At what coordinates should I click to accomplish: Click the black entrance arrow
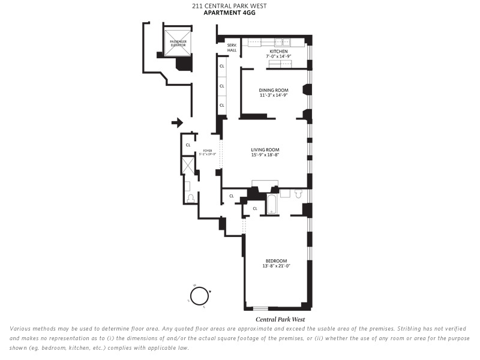pyautogui.click(x=177, y=123)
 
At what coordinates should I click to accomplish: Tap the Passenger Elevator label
pyautogui.click(x=178, y=43)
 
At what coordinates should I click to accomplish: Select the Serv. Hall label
pyautogui.click(x=232, y=48)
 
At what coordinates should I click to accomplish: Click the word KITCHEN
pyautogui.click(x=278, y=52)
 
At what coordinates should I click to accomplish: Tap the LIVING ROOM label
pyautogui.click(x=265, y=149)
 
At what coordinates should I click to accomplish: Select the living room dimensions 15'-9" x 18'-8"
pyautogui.click(x=265, y=155)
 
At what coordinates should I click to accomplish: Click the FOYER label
pyautogui.click(x=208, y=151)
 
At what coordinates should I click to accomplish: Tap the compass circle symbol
pyautogui.click(x=199, y=295)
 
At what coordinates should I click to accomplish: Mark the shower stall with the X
pyautogui.click(x=188, y=165)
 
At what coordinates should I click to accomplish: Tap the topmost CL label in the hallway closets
pyautogui.click(x=221, y=66)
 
